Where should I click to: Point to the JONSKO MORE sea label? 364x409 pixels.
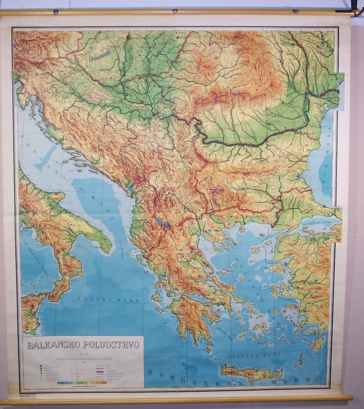pyautogui.click(x=100, y=298)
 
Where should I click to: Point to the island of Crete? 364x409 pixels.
pyautogui.click(x=251, y=373)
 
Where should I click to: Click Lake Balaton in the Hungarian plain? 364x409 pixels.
pyautogui.click(x=102, y=55)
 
